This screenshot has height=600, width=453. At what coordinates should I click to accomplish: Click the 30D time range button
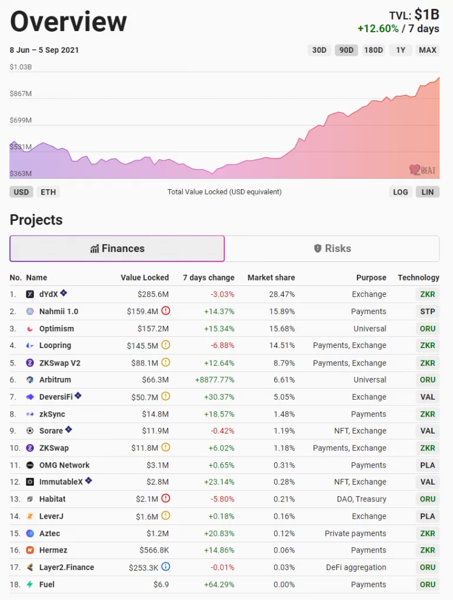coord(319,50)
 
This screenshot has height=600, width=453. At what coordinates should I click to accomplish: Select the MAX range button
coord(427,50)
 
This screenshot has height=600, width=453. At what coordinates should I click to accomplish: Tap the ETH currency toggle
coord(48,192)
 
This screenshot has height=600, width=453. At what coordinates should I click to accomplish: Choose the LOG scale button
coord(400,192)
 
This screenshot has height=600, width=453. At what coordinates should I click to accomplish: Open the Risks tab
coord(332,248)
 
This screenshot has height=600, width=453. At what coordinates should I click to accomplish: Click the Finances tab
coord(117,248)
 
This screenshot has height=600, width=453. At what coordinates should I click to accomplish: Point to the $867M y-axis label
coord(21,94)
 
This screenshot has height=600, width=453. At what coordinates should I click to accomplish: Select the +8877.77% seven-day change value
coord(214,380)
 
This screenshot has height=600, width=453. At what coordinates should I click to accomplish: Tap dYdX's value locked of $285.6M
coord(153,294)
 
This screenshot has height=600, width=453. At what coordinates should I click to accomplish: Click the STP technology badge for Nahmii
coord(427,311)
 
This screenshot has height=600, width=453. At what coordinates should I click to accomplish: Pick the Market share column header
coord(271,277)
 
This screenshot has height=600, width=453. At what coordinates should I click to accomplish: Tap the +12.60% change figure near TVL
coord(378,29)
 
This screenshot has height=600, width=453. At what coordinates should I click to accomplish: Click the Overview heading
coord(69,22)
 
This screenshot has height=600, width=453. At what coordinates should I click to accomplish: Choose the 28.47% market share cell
coord(282,294)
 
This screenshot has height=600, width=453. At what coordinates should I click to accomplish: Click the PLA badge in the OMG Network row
coord(427,465)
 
